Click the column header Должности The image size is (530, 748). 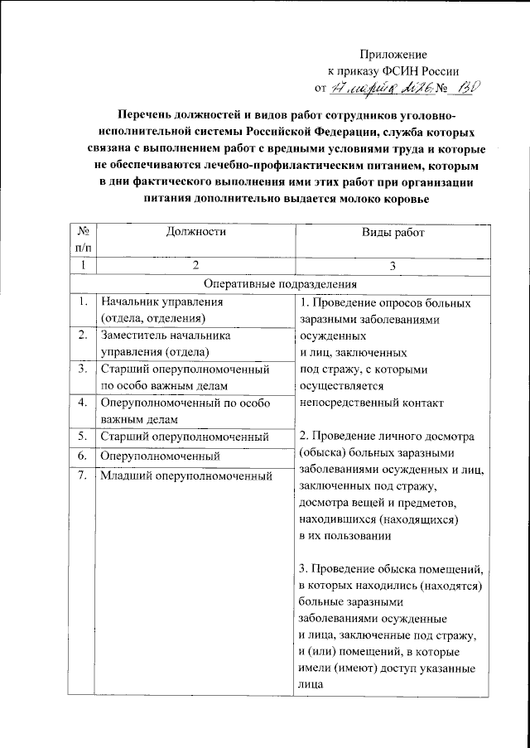pyautogui.click(x=195, y=233)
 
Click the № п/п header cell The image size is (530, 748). pyautogui.click(x=84, y=239)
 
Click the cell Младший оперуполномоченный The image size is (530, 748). pyautogui.click(x=186, y=476)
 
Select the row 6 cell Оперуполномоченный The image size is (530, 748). pyautogui.click(x=159, y=456)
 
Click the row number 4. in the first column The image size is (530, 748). pyautogui.click(x=83, y=403)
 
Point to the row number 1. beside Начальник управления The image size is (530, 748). pyautogui.click(x=83, y=302)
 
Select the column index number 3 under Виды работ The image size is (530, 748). pyautogui.click(x=393, y=265)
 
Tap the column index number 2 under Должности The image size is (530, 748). pyautogui.click(x=195, y=265)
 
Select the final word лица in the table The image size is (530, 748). pyautogui.click(x=307, y=685)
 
